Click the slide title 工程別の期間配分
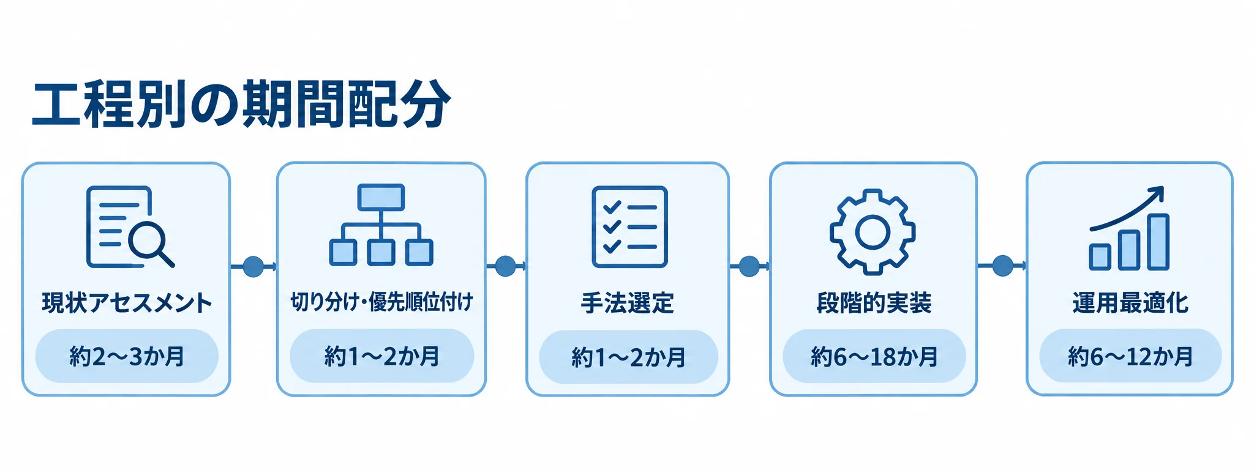241,103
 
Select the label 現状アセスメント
127,303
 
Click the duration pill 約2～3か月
127,356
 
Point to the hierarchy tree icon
381,225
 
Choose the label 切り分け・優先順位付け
381,302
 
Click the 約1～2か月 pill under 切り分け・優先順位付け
381,356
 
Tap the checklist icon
629,227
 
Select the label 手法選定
628,303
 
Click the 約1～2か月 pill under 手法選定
628,357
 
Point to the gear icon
873,231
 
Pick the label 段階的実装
874,303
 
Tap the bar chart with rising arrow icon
1128,228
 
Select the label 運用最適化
1130,303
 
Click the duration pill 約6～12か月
1130,356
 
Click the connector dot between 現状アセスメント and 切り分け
253,266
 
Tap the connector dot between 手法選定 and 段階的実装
749,266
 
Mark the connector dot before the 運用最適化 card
1002,266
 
